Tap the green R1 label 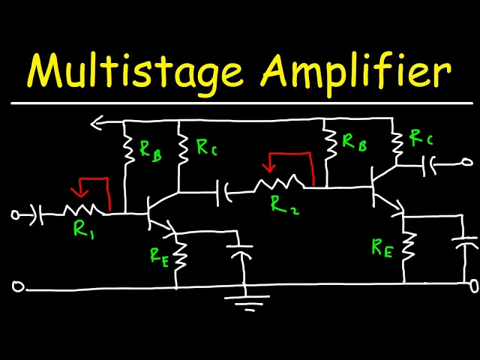pyautogui.click(x=82, y=230)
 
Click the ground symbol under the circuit pyautogui.click(x=245, y=302)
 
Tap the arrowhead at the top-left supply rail pyautogui.click(x=97, y=121)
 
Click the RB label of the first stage pyautogui.click(x=149, y=149)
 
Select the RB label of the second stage pyautogui.click(x=354, y=142)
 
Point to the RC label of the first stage pyautogui.click(x=206, y=147)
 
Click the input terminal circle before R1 pyautogui.click(x=15, y=214)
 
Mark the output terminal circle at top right pyautogui.click(x=466, y=161)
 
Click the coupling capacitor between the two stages pyautogui.click(x=223, y=193)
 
